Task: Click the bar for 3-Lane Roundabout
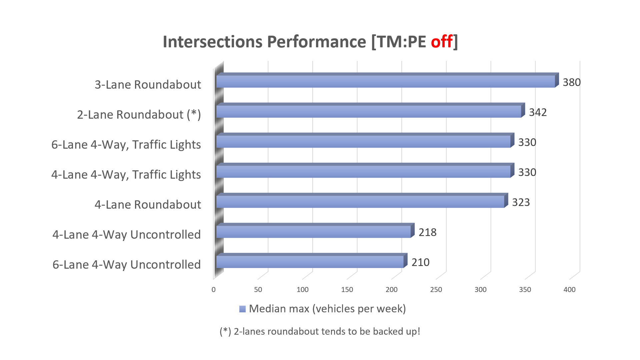click(385, 81)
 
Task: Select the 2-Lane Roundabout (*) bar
click(369, 111)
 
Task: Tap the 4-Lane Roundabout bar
click(360, 201)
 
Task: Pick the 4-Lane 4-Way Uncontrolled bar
click(313, 231)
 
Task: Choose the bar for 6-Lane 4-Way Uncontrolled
click(310, 261)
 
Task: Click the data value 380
click(572, 82)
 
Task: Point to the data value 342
click(538, 112)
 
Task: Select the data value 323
click(521, 202)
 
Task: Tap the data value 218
click(428, 232)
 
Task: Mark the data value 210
click(421, 262)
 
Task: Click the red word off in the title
click(442, 42)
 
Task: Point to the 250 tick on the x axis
click(436, 290)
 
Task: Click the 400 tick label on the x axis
click(569, 290)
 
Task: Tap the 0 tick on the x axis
click(214, 290)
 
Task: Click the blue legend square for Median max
click(242, 309)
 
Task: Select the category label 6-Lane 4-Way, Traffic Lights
click(126, 145)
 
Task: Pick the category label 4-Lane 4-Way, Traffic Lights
click(126, 175)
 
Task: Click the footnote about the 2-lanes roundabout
click(320, 331)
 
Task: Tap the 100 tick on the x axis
click(303, 290)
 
